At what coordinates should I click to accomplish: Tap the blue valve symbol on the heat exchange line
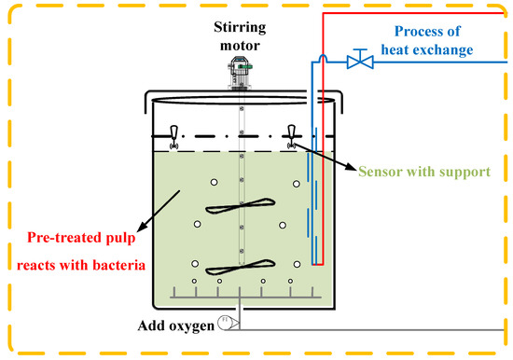point(355,62)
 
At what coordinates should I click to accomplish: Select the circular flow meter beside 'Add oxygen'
point(225,323)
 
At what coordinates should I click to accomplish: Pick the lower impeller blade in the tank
point(240,265)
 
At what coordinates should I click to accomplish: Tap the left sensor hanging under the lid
point(173,136)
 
